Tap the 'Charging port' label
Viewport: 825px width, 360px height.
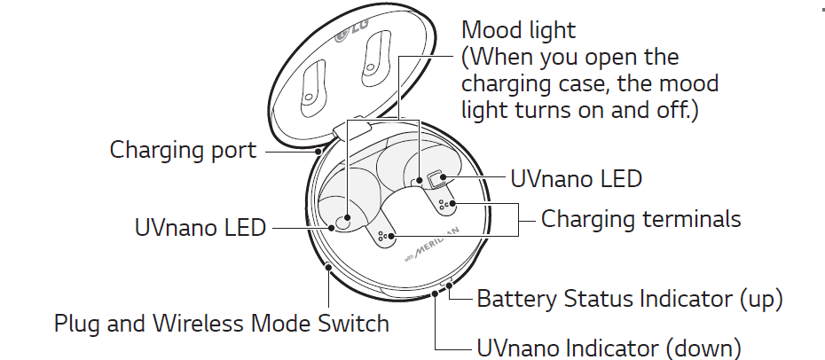click(x=183, y=150)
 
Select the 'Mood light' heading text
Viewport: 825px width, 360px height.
click(x=519, y=30)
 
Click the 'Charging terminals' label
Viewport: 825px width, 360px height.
click(x=640, y=218)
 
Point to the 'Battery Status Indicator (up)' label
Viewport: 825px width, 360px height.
click(x=630, y=299)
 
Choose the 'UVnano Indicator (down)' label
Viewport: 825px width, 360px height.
click(x=609, y=347)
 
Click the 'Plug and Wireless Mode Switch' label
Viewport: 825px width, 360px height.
click(x=222, y=322)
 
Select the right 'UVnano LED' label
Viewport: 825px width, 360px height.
click(x=577, y=178)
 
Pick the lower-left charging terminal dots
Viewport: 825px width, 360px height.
click(x=384, y=237)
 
